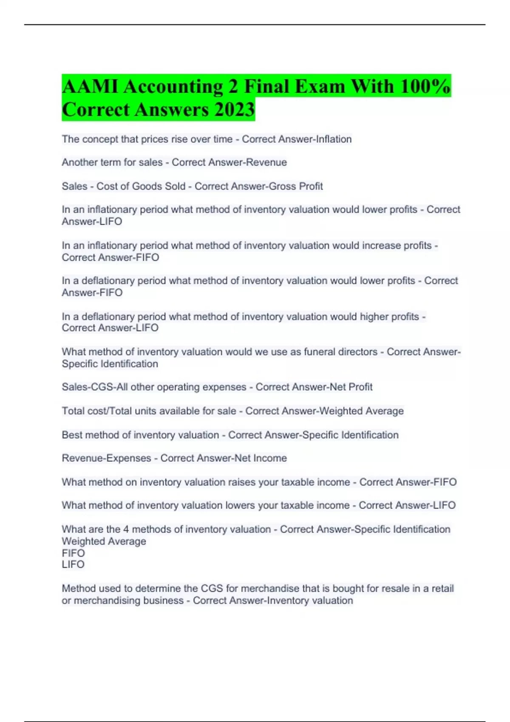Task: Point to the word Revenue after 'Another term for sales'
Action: [x=268, y=162]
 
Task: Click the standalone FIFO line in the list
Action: [x=73, y=553]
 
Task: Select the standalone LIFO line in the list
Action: [x=73, y=564]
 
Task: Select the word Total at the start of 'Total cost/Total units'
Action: [x=73, y=411]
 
